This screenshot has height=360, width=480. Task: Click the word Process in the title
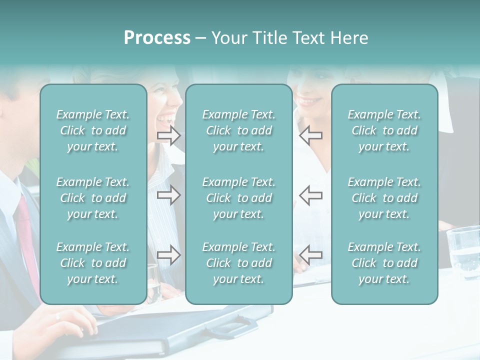(157, 38)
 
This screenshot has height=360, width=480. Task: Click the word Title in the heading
(272, 38)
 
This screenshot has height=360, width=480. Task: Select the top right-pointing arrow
(168, 135)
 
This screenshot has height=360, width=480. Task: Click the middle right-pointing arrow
(168, 195)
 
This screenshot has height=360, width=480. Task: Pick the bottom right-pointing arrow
(168, 255)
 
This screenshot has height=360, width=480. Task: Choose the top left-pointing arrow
(310, 135)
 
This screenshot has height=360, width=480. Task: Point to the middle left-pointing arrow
(310, 195)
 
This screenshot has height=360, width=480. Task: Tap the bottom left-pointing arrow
(310, 255)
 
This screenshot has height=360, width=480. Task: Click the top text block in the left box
(93, 130)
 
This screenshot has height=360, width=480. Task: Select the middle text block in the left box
(93, 198)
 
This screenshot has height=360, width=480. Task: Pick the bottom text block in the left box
(93, 263)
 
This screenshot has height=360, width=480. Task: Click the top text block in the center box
(239, 130)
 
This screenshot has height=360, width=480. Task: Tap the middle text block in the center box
(239, 198)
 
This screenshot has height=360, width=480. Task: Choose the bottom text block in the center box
(239, 263)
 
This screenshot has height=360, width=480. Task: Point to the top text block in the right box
(384, 130)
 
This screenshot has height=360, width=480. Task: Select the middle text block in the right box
(384, 198)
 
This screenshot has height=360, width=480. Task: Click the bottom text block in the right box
(384, 263)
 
